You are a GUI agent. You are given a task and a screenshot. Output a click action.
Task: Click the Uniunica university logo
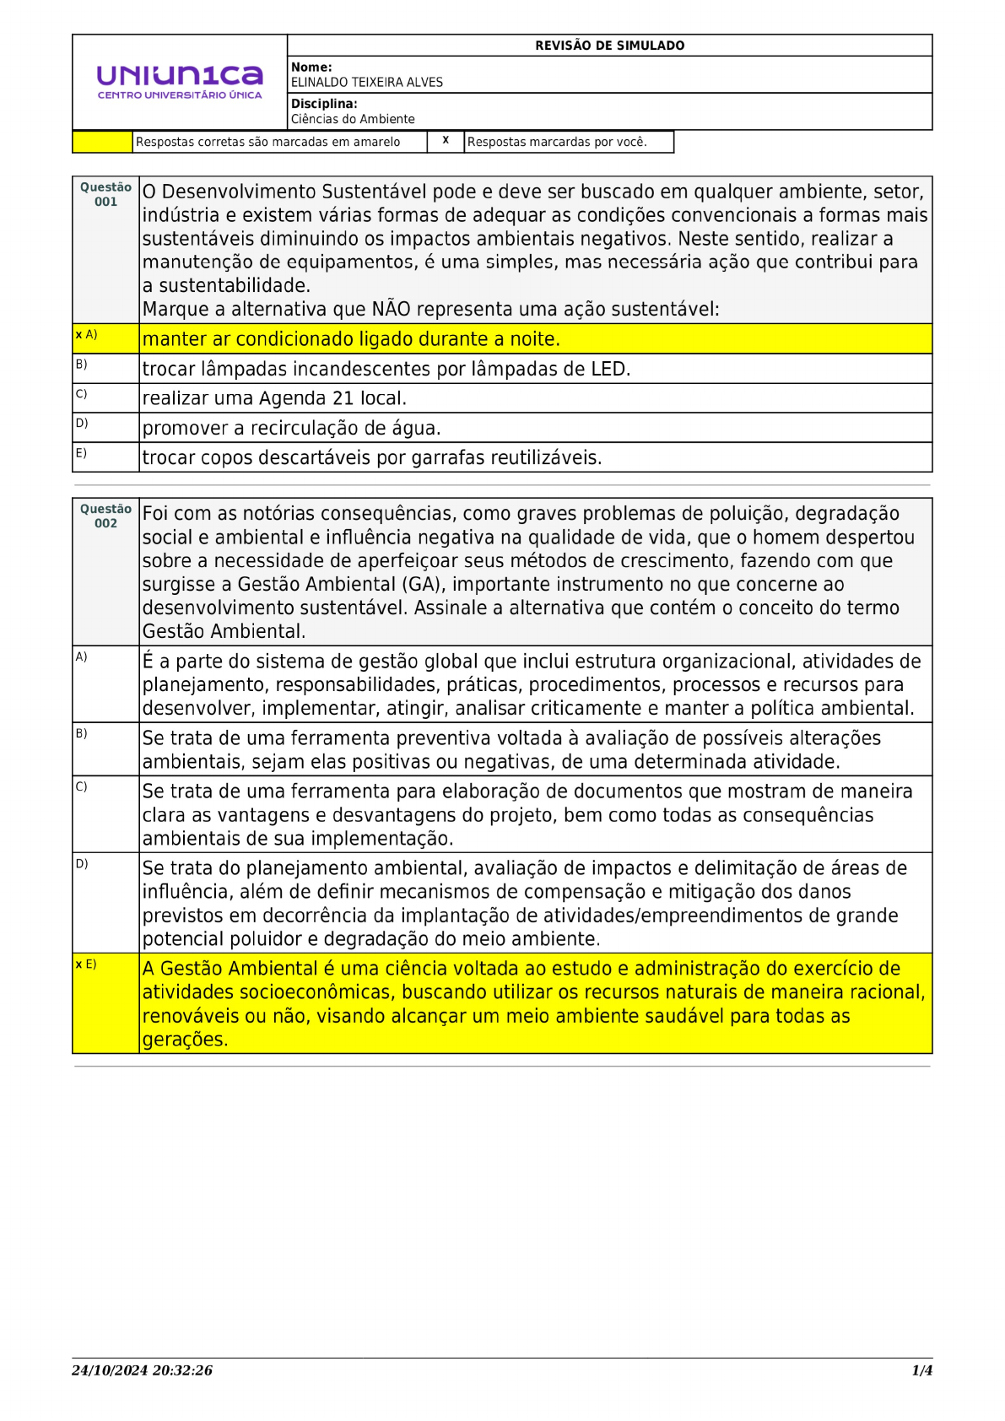tap(180, 82)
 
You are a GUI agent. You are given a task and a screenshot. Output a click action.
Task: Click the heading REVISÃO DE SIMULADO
tap(609, 46)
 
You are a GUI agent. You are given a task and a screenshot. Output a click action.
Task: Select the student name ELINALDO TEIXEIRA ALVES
tap(366, 83)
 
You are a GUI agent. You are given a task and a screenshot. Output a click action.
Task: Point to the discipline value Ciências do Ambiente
tap(353, 120)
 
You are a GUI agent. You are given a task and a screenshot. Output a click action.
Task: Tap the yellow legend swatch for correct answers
tap(102, 142)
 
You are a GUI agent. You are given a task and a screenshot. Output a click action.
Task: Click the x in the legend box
tap(446, 141)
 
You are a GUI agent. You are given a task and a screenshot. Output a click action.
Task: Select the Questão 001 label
tap(105, 195)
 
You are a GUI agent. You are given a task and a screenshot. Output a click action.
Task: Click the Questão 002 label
tap(105, 516)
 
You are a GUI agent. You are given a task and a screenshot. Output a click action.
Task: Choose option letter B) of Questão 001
tap(81, 365)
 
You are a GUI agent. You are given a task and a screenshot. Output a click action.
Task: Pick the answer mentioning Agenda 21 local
tap(274, 398)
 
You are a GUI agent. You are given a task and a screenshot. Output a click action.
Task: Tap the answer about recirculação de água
tap(291, 429)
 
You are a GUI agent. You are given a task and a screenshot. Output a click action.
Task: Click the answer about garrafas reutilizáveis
tap(371, 458)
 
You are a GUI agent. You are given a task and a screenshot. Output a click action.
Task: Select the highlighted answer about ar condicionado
tap(351, 339)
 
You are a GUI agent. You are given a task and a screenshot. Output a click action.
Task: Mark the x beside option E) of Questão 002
tap(78, 964)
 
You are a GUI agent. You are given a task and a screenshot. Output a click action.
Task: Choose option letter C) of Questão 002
tap(81, 787)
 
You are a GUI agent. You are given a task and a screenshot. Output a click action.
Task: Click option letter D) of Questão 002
tap(81, 864)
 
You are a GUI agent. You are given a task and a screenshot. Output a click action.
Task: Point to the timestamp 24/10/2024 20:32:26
tap(142, 1370)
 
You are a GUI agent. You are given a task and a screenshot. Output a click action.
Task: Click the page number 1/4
tap(921, 1370)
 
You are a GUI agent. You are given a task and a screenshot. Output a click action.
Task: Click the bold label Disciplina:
tap(324, 104)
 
